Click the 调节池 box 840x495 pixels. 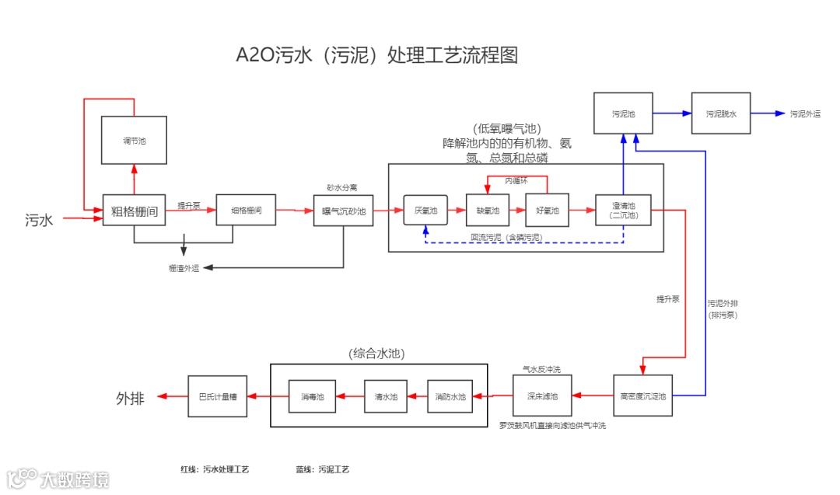[x=134, y=140]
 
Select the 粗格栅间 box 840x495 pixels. [x=134, y=210]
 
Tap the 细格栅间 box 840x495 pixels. [x=246, y=210]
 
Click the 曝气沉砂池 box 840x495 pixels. [x=343, y=210]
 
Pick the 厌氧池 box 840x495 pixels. [x=425, y=210]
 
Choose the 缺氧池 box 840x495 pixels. [x=488, y=210]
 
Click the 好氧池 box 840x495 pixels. [x=548, y=210]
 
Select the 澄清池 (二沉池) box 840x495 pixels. [x=623, y=210]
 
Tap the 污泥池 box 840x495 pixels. [x=623, y=113]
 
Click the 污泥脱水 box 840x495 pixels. [x=721, y=113]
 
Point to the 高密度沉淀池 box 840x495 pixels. [x=642, y=396]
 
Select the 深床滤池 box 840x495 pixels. [x=542, y=396]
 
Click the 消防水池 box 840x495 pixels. [x=450, y=396]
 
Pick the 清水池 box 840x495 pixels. [x=386, y=396]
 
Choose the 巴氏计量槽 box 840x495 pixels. [x=218, y=396]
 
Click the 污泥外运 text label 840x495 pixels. [x=805, y=114]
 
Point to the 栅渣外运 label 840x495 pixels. [x=184, y=268]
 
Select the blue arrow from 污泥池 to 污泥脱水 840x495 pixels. [x=672, y=113]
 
